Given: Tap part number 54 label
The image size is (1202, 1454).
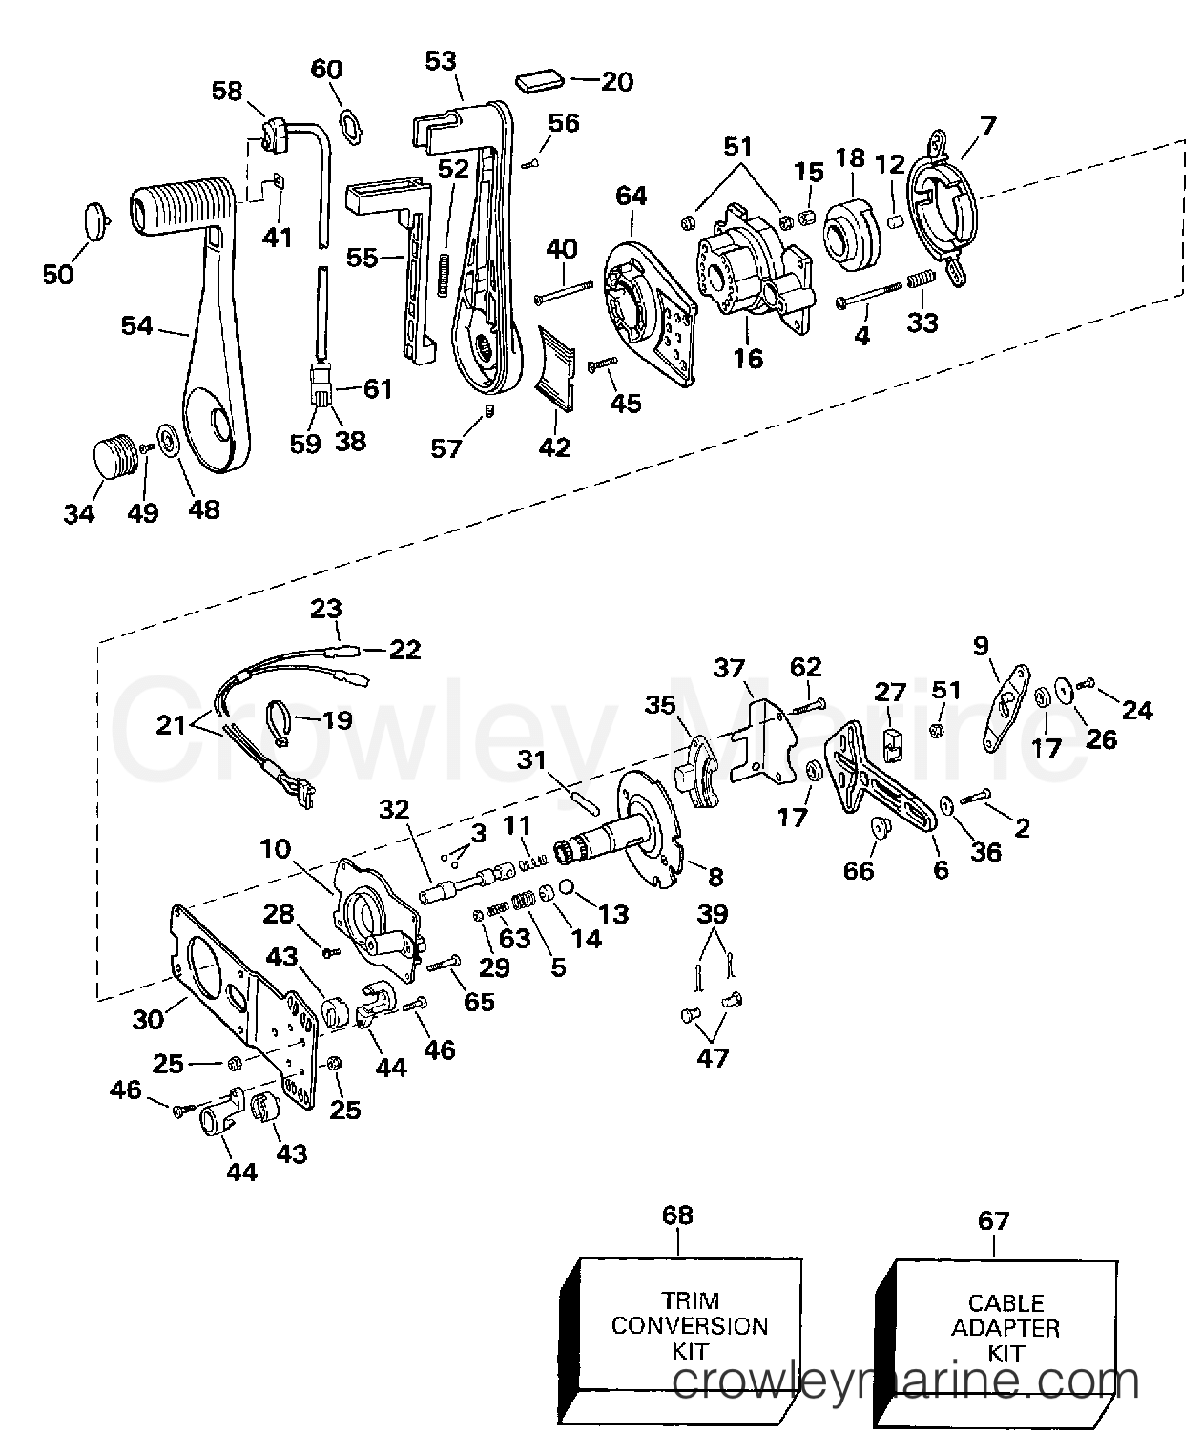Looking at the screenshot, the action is point(137,325).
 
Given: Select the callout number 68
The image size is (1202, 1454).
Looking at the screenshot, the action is point(677,1215).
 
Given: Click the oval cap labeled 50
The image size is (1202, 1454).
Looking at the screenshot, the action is point(96,221).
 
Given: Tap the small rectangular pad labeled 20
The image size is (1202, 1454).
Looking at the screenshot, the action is point(539,79).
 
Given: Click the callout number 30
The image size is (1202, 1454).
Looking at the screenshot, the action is point(148,1020).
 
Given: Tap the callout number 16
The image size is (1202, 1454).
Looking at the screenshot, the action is point(749,359).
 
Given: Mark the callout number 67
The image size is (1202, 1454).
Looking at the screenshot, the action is point(994,1220).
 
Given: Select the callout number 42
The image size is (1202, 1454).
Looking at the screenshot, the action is point(554,447).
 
